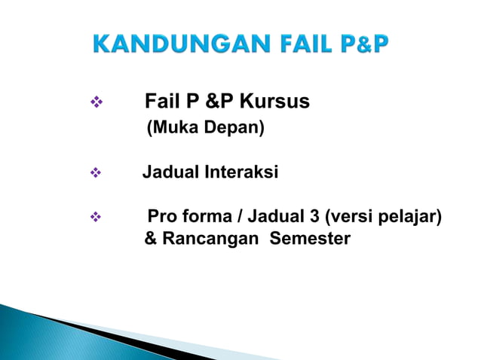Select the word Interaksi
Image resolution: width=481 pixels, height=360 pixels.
[x=240, y=172]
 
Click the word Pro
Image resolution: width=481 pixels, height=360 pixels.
[x=161, y=218]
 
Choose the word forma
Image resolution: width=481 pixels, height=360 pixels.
[x=203, y=218]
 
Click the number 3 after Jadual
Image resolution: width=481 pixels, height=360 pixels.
[x=313, y=218]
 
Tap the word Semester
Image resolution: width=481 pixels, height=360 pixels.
[x=310, y=239]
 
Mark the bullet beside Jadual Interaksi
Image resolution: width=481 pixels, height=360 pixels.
[x=94, y=173]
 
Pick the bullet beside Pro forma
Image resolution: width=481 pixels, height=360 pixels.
[x=94, y=218]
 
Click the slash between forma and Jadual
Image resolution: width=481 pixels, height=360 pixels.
[x=239, y=218]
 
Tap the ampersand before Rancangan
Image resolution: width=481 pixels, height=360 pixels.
[x=150, y=239]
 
